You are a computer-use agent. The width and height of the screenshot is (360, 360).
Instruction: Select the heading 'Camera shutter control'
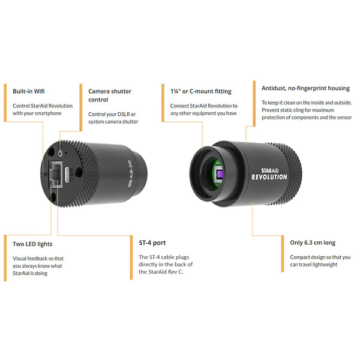[110, 96]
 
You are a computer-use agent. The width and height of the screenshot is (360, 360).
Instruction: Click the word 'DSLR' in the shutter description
[130, 114]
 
